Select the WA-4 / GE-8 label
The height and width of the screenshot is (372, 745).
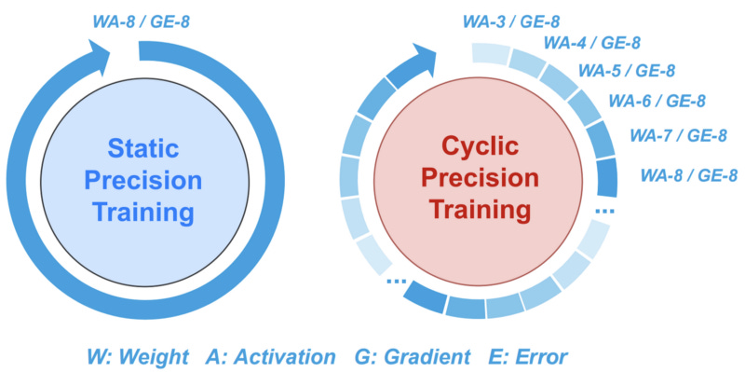591,43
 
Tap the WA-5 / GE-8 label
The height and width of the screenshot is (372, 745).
626,71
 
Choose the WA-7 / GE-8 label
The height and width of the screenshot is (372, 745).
678,136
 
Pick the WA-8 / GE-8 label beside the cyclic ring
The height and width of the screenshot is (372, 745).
689,174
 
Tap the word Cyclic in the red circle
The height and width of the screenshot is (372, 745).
478,147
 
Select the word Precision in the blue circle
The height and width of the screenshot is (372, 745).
147,179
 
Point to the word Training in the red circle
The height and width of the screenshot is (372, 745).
478,211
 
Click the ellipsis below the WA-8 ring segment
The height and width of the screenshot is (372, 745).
605,212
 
